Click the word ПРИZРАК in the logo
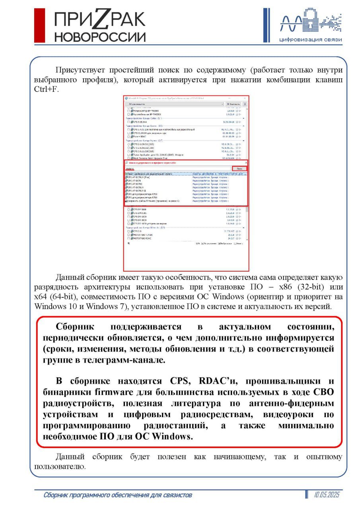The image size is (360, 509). pos(100,19)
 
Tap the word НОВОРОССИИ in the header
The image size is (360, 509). pos(100,37)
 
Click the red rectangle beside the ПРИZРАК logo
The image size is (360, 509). pos(39,25)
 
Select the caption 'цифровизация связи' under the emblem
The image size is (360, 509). pos(310,40)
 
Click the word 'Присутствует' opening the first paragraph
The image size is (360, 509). pos(80,70)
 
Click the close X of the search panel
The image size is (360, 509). pos(246,163)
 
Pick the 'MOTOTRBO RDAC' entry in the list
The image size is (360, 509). pos(143,239)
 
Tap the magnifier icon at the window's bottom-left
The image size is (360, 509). pos(128,243)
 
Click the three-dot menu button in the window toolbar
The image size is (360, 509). pos(245,104)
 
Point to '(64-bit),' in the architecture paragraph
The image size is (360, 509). pos(66,297)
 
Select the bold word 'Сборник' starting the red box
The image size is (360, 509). pos(75,327)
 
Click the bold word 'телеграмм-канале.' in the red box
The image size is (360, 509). pos(132,360)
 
